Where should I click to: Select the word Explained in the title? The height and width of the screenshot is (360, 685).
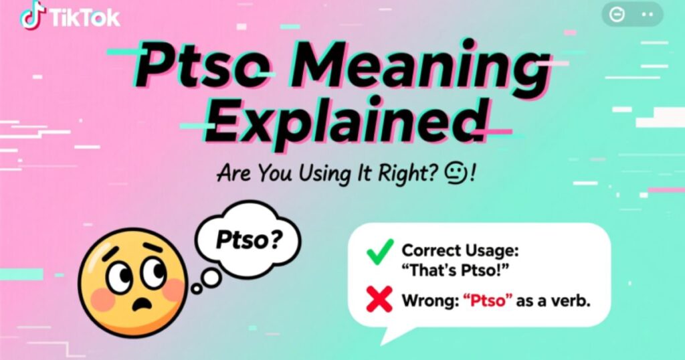click(347, 124)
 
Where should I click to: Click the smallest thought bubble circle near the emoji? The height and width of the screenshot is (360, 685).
click(196, 289)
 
